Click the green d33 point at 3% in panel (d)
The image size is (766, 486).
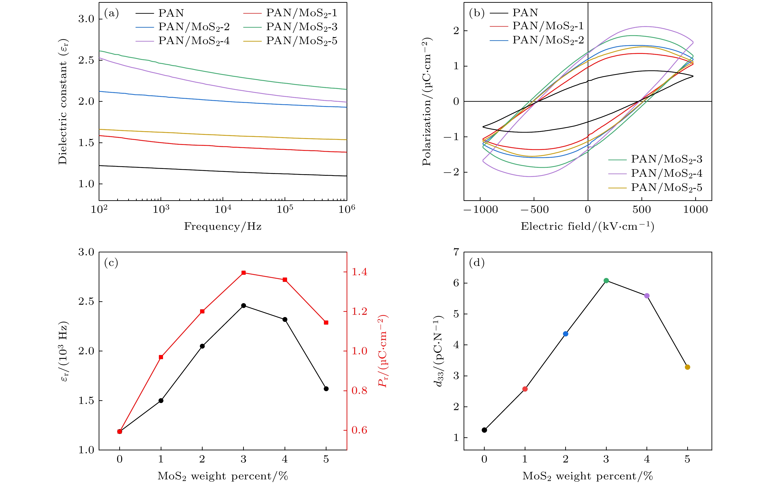tap(606, 280)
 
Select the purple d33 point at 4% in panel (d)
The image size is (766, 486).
tap(647, 296)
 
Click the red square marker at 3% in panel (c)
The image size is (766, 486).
tap(243, 273)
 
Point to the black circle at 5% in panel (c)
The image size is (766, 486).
tap(326, 389)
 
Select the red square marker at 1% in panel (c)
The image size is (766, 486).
tap(161, 357)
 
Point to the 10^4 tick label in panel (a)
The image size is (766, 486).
tap(223, 209)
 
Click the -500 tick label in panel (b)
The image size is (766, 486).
tap(534, 210)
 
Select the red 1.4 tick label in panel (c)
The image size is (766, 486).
tap(359, 272)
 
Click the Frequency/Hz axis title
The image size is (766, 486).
tap(223, 227)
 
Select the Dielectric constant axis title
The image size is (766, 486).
tap(63, 102)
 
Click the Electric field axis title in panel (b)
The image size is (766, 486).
tap(587, 227)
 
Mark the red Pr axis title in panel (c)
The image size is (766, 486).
tap(383, 351)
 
